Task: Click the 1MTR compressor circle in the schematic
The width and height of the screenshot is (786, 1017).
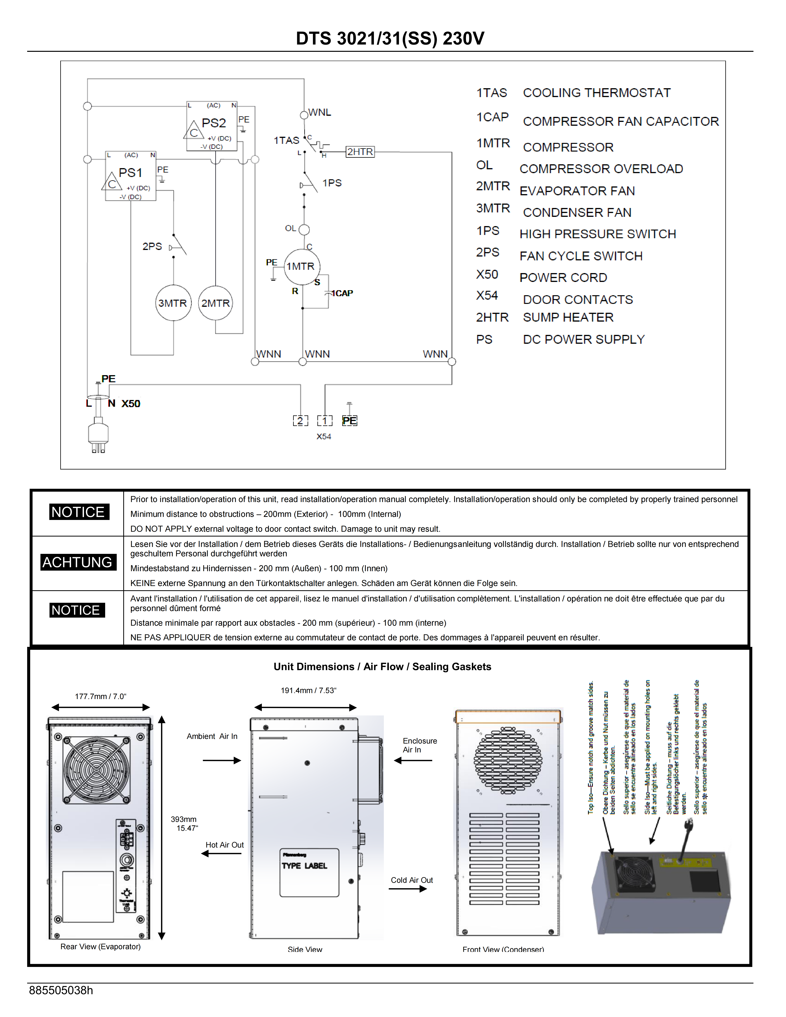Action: coord(302,267)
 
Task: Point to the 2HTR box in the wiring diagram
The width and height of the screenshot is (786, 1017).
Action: coord(360,152)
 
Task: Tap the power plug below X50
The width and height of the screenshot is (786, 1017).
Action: coord(98,434)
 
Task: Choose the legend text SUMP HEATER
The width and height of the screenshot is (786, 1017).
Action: coord(568,318)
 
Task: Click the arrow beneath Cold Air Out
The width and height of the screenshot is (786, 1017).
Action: coord(408,889)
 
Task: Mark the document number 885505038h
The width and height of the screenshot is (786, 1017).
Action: coord(61,990)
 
